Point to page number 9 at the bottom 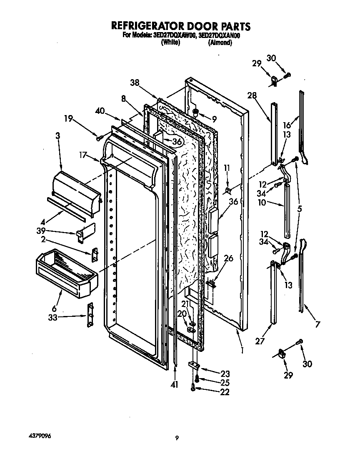coord(177,438)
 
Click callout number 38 coord(135,83)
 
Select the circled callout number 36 coord(177,142)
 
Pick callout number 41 coord(174,385)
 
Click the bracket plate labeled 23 coord(194,365)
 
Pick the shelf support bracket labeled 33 coord(90,315)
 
